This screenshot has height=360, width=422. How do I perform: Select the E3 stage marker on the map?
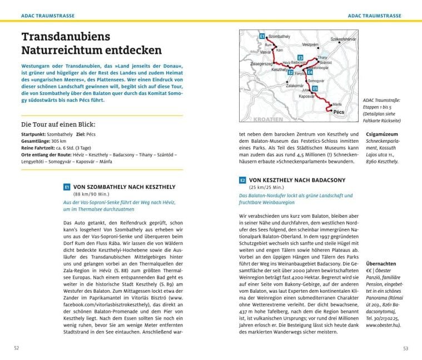[x=300, y=58]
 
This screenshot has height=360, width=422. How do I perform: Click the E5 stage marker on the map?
[x=315, y=88]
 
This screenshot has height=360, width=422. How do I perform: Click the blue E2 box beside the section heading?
[x=243, y=180]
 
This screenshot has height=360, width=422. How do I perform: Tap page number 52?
[x=17, y=348]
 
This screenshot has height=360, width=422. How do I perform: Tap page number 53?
[x=405, y=348]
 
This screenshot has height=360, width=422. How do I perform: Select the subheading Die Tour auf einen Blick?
[x=58, y=124]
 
